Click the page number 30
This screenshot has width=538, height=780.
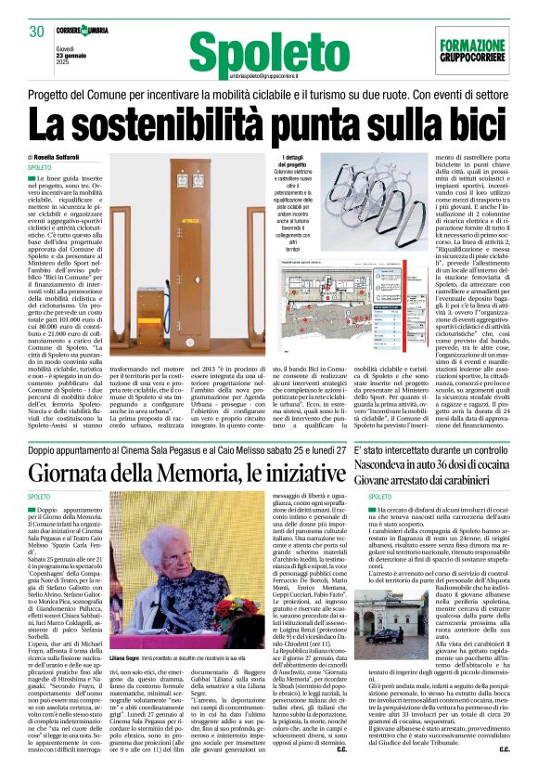(x=37, y=32)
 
